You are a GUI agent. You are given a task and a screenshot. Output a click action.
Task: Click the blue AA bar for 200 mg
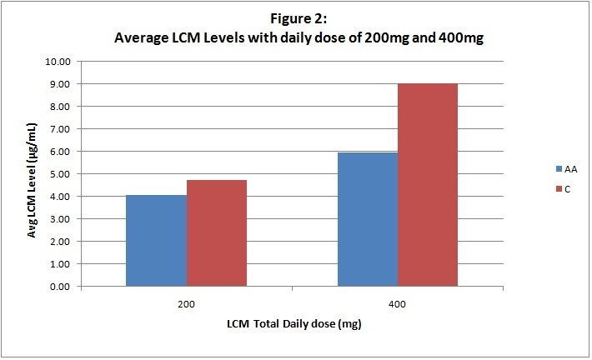(x=157, y=241)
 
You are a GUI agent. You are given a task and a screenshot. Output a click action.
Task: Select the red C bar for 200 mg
(x=216, y=233)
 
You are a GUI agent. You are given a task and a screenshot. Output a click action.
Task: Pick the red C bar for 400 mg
(x=427, y=185)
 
